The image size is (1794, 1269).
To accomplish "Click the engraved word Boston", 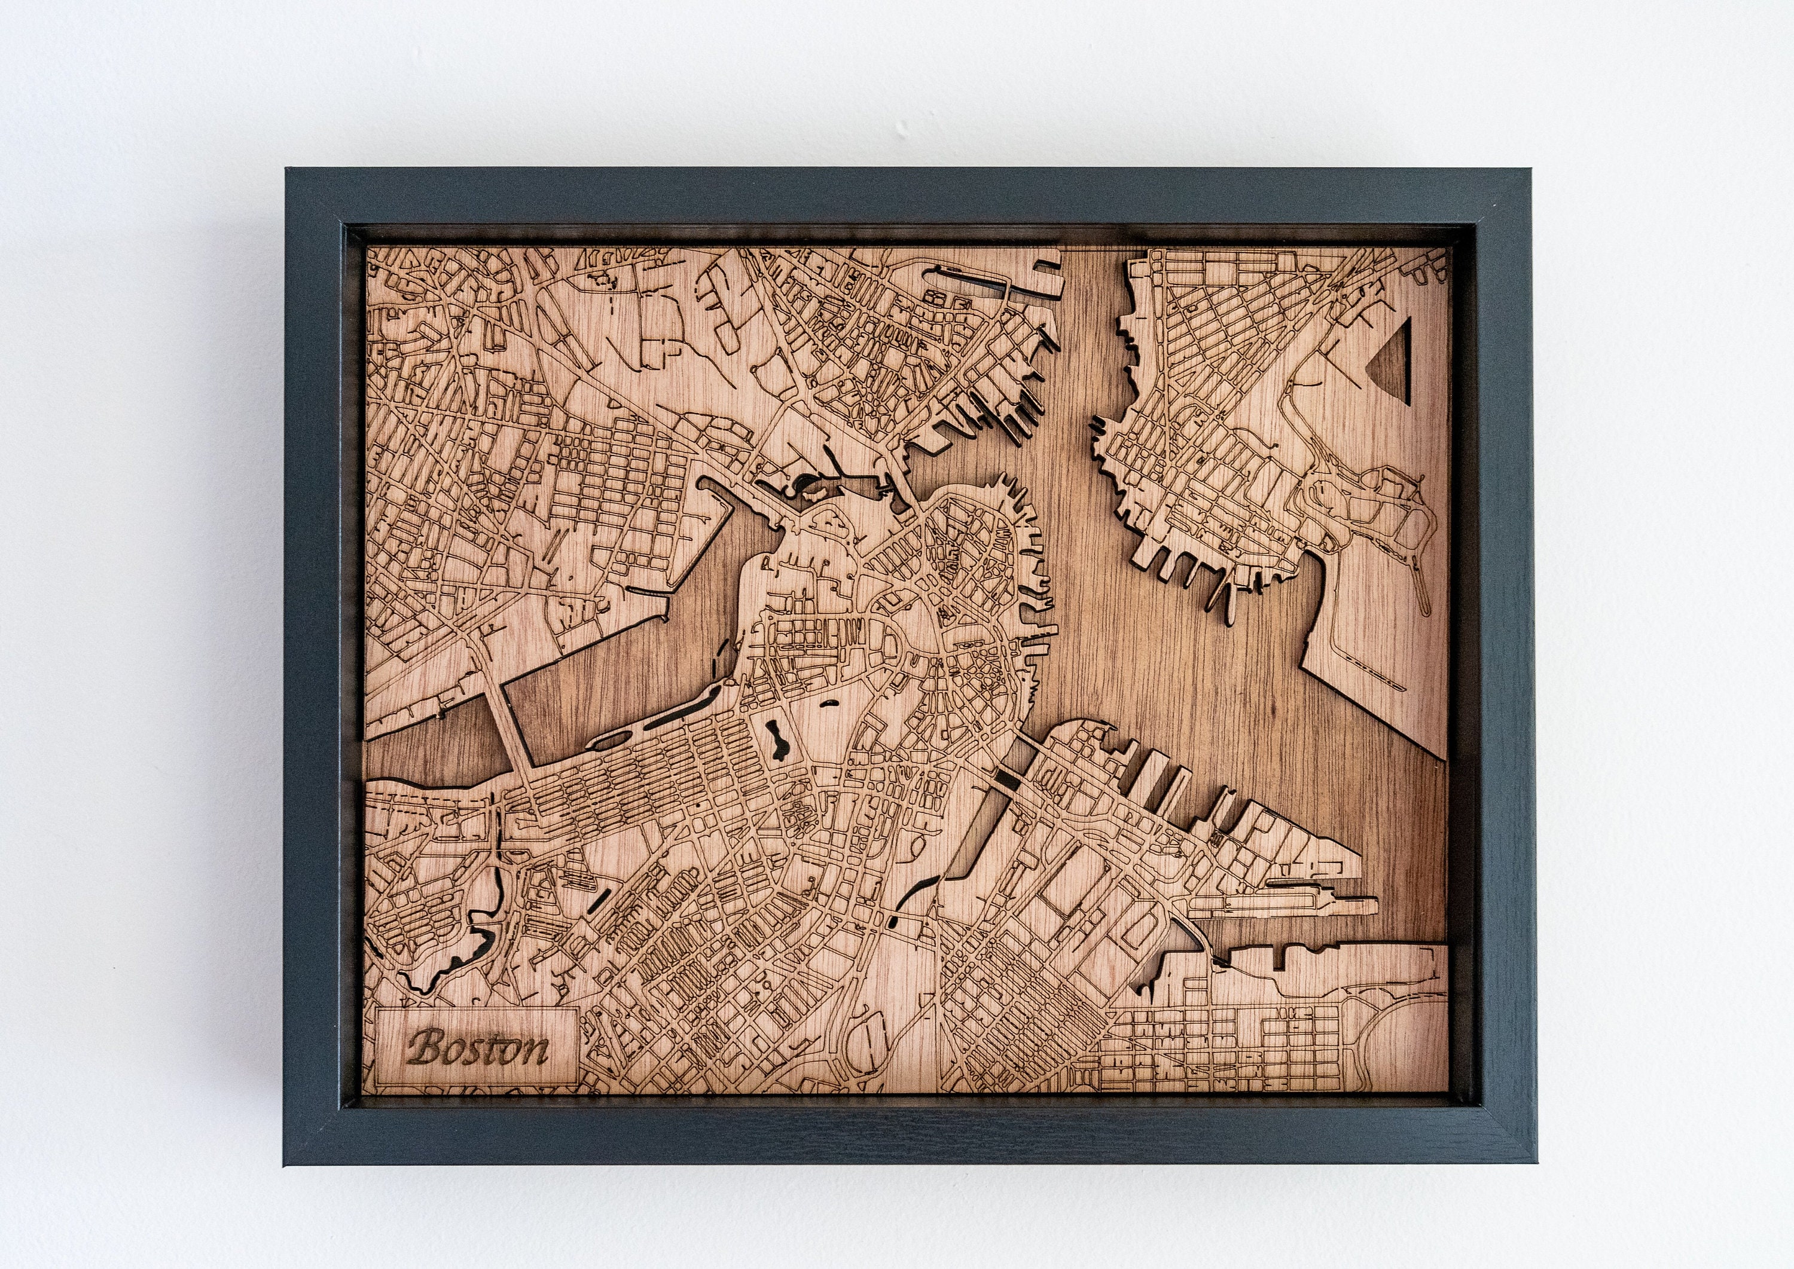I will coord(478,1048).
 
